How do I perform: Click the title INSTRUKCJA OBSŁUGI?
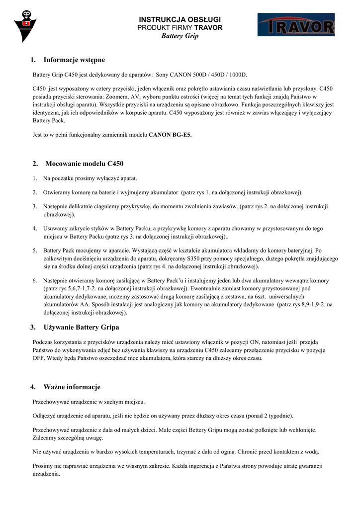pos(180,19)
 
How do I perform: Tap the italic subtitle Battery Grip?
pos(180,36)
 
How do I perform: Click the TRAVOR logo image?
pos(296,25)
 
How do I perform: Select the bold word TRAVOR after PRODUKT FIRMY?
pos(208,27)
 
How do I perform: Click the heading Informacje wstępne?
pos(74,60)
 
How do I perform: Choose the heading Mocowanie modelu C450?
pos(84,164)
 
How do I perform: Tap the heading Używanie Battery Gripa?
pos(82,327)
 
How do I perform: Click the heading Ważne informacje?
pos(72,387)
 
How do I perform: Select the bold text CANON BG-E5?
pos(170,135)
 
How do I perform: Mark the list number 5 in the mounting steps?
pos(35,251)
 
